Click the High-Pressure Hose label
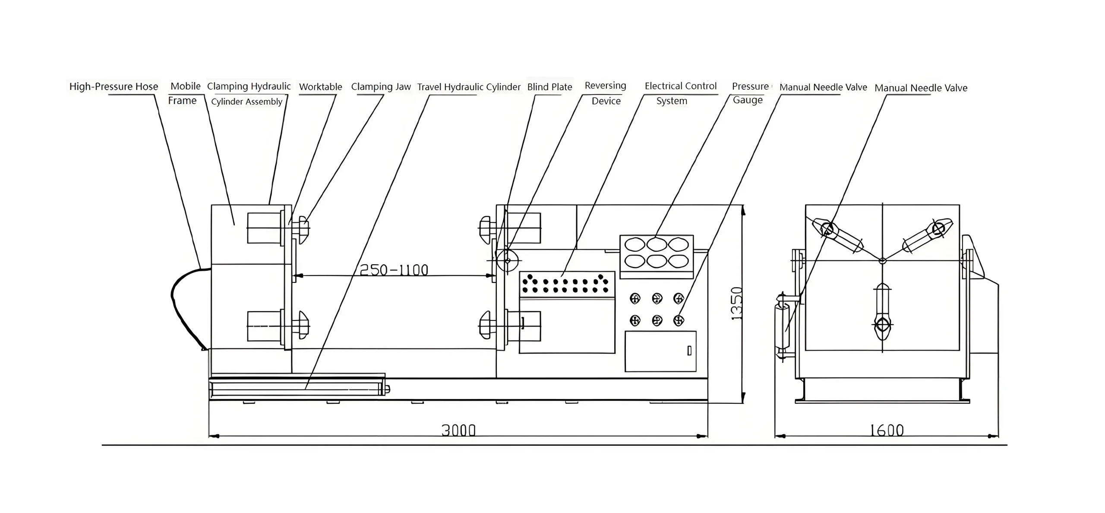[114, 86]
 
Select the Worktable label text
[320, 87]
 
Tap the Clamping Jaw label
[381, 87]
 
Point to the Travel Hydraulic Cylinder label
[468, 87]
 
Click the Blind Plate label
[549, 87]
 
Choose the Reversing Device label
[605, 93]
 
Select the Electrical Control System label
[680, 93]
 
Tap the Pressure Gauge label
[750, 93]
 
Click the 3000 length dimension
[458, 430]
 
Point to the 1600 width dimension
[886, 430]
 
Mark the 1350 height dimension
[737, 303]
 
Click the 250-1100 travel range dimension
[394, 270]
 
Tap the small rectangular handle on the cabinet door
[689, 351]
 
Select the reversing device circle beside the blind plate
[507, 260]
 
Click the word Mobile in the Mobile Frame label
[186, 86]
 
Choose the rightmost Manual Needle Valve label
[921, 88]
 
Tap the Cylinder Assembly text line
[246, 101]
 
